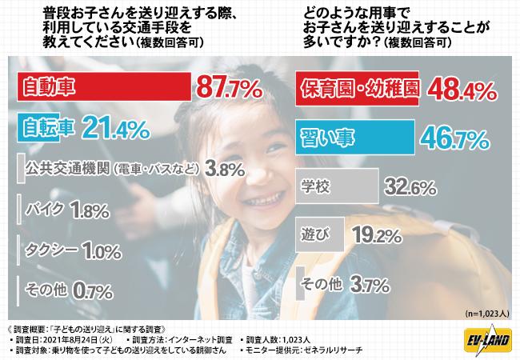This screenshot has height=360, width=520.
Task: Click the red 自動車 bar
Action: (104, 86)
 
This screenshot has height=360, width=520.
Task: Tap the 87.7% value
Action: (230, 87)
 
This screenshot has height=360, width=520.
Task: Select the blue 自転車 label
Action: (48, 128)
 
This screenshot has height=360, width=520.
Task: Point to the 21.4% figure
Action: (116, 129)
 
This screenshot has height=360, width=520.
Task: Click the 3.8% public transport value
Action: (225, 170)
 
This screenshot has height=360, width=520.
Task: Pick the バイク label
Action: (45, 209)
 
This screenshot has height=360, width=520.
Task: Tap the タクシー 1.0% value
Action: (102, 250)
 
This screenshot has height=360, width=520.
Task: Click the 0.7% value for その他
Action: (92, 291)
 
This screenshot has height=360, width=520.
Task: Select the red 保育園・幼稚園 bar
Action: (357, 89)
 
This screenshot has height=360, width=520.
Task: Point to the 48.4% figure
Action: (462, 90)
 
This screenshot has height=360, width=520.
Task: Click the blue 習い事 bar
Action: (355, 138)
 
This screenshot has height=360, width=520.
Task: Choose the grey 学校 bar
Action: (337, 186)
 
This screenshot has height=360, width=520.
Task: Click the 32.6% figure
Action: (410, 186)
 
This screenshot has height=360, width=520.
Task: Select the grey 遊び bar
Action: (320, 234)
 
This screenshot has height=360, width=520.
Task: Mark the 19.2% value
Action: (377, 234)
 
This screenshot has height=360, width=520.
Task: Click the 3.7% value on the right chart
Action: (370, 285)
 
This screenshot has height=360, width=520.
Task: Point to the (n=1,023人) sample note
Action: (487, 314)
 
